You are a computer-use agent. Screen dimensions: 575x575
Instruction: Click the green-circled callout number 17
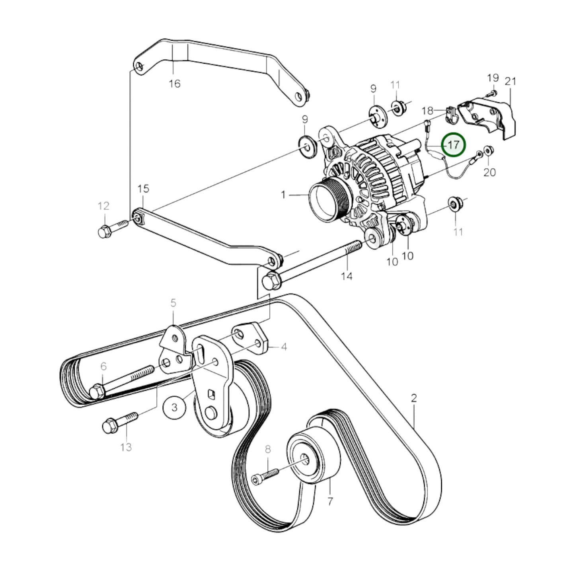(x=454, y=144)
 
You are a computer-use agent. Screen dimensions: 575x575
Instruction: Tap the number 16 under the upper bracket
(x=175, y=84)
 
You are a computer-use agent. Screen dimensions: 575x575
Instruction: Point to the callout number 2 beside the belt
(x=414, y=398)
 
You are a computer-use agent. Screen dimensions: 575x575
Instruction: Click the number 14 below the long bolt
(x=347, y=276)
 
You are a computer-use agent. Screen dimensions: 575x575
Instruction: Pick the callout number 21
(x=510, y=81)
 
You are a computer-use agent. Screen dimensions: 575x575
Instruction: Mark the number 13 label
(x=126, y=447)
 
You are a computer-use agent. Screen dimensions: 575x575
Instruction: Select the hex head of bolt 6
(x=97, y=392)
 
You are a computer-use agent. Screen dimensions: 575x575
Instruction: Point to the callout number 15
(x=143, y=189)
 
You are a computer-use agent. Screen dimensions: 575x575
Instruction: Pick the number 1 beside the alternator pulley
(x=283, y=195)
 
